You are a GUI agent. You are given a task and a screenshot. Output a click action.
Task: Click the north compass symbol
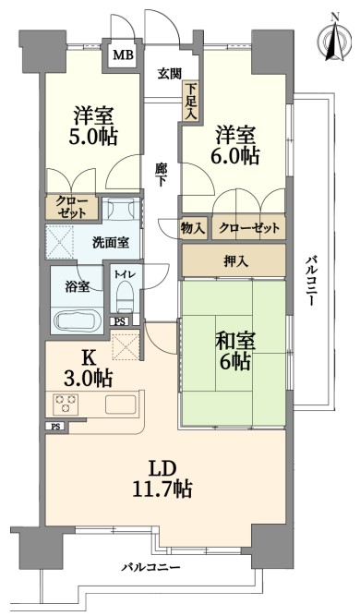(x=334, y=39)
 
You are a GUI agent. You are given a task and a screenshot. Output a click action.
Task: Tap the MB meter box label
(x=124, y=54)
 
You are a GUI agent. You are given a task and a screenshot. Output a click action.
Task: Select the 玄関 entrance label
(x=170, y=74)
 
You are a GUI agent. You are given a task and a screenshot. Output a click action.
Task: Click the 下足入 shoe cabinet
(x=191, y=101)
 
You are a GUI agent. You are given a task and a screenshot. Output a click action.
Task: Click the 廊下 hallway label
(x=161, y=175)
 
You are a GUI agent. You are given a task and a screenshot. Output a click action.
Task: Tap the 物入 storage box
(x=193, y=227)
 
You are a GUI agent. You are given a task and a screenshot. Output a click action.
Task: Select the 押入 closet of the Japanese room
(x=234, y=260)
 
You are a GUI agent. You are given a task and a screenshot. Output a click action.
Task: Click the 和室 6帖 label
(x=234, y=351)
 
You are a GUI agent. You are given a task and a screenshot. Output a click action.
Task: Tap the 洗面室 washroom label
(x=111, y=242)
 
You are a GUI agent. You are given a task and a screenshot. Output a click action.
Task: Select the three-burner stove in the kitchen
(x=66, y=404)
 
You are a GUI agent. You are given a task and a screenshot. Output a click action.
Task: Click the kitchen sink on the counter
(x=120, y=405)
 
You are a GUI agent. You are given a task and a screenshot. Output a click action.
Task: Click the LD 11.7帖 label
(x=162, y=478)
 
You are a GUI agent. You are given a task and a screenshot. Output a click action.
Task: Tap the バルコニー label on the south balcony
(x=150, y=567)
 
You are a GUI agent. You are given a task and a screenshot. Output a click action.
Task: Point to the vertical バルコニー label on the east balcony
(x=310, y=282)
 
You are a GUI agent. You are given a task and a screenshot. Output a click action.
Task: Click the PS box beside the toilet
(x=120, y=321)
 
